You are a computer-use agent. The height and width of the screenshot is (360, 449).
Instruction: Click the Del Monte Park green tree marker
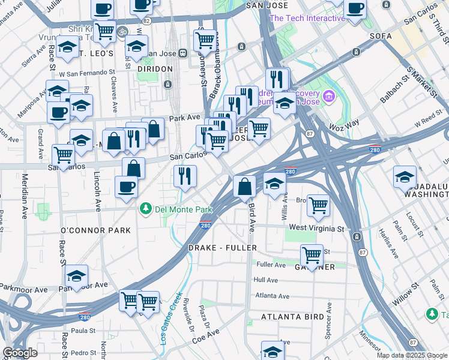click(145, 209)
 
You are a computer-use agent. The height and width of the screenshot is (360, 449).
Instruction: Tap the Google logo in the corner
click(20, 353)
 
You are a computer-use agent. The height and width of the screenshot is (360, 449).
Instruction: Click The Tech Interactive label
click(307, 18)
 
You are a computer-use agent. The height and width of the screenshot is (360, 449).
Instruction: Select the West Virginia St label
click(316, 229)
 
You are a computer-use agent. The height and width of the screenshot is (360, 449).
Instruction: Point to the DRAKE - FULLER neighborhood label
click(223, 247)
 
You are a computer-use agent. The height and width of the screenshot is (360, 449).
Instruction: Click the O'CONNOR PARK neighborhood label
click(95, 230)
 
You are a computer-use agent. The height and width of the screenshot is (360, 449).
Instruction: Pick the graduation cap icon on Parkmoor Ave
click(76, 276)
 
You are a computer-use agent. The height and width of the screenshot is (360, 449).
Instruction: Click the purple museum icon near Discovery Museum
click(328, 96)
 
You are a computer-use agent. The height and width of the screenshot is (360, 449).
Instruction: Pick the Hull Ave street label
click(265, 280)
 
